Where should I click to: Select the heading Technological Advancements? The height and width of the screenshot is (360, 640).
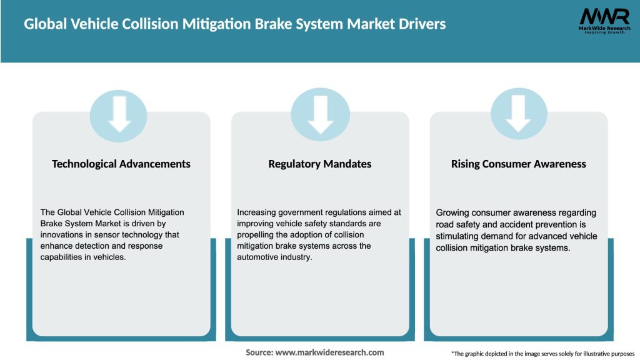click(121, 164)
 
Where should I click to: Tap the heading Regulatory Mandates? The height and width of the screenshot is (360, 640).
click(320, 164)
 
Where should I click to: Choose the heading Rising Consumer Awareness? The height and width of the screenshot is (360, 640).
click(519, 164)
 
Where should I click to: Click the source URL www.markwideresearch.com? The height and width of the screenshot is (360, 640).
click(329, 352)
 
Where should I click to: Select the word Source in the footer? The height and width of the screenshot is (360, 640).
click(258, 352)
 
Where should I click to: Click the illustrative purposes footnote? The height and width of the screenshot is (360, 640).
click(542, 354)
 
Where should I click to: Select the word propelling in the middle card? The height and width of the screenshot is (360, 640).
click(258, 235)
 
